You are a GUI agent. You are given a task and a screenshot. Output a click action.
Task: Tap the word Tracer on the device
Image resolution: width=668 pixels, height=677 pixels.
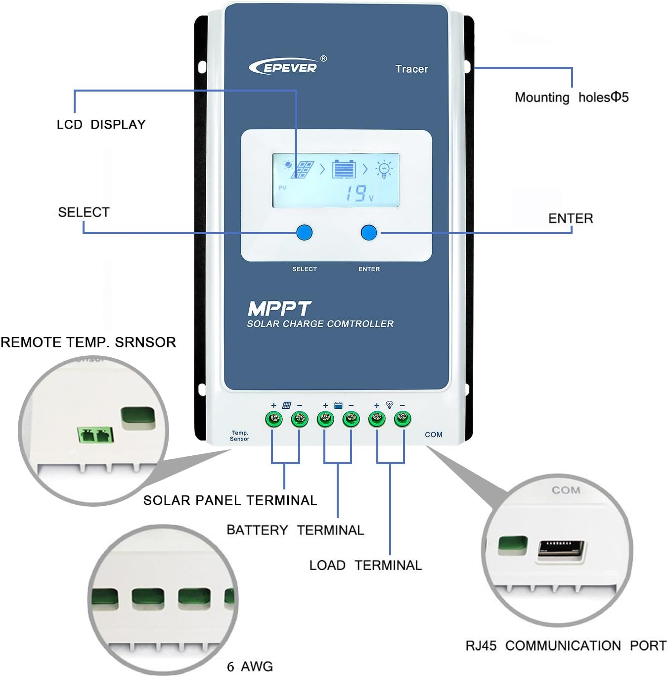(411, 69)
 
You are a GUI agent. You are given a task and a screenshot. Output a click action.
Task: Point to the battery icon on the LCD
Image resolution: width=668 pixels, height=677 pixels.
(344, 169)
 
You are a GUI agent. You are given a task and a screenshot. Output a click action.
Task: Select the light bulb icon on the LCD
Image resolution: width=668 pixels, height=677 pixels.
(384, 169)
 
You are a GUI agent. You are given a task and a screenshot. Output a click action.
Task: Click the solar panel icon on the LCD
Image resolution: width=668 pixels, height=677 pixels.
(302, 169)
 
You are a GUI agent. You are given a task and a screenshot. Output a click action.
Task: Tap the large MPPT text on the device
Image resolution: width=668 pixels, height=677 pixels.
(279, 309)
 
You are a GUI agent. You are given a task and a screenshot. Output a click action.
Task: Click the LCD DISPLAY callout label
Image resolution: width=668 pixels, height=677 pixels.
(101, 125)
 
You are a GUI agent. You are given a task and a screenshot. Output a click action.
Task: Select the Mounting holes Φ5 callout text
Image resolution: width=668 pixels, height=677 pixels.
(572, 97)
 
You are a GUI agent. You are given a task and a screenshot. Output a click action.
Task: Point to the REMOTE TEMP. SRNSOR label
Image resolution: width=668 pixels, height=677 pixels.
(89, 342)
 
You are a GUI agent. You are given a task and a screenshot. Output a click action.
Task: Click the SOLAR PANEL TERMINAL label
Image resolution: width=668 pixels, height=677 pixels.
(230, 500)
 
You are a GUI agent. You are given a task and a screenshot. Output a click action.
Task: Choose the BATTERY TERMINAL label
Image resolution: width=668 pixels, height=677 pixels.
(295, 530)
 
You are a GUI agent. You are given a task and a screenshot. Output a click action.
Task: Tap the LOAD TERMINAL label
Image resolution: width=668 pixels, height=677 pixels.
(365, 565)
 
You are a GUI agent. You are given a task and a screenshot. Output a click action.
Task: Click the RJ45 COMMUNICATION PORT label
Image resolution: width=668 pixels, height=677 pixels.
(566, 646)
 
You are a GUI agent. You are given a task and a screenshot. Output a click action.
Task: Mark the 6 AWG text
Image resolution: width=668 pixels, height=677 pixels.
(250, 667)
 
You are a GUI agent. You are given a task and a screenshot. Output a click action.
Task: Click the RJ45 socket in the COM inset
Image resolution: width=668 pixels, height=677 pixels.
(561, 549)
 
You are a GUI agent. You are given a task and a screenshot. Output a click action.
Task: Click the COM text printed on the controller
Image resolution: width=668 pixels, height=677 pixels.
(434, 435)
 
